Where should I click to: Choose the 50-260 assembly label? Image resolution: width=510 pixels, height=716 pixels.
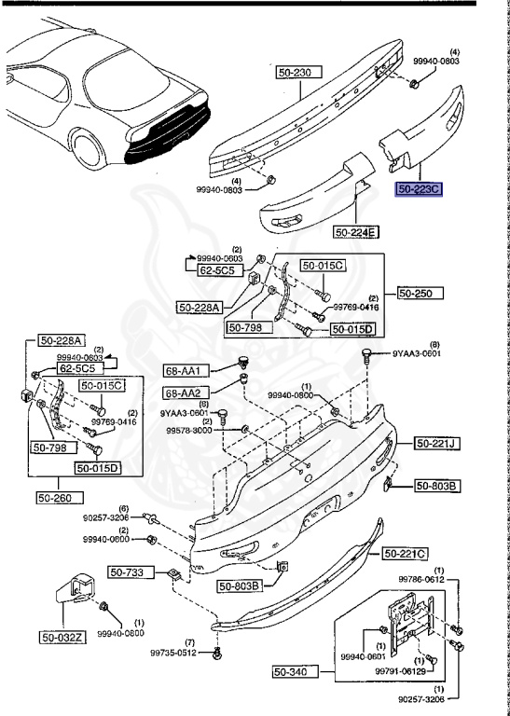[58, 497]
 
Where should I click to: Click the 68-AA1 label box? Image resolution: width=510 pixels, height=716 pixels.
[183, 370]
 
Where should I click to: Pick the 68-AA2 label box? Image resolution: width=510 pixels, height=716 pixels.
[183, 392]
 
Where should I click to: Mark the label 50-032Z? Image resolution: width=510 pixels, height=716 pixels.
[62, 638]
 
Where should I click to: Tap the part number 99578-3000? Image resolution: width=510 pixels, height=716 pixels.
[190, 431]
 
